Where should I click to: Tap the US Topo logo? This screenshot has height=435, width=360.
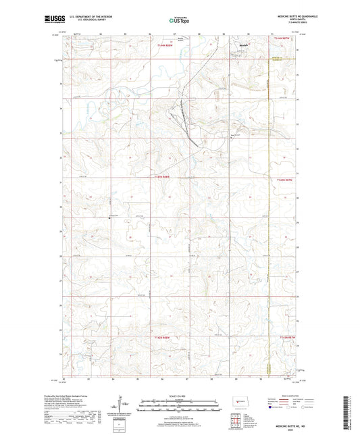tap(176, 21)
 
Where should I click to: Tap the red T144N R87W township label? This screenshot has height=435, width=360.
tap(286, 45)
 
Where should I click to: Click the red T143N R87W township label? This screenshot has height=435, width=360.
tap(286, 180)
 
